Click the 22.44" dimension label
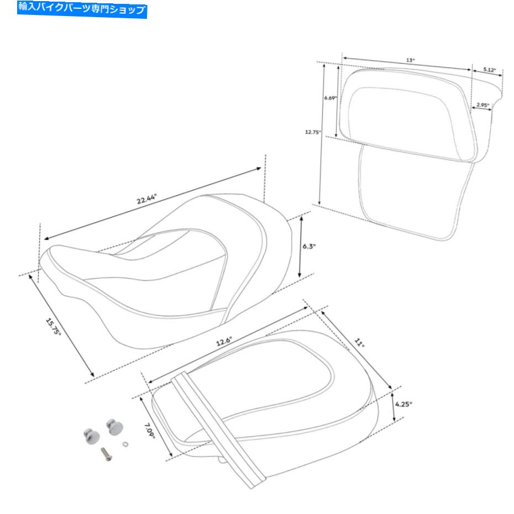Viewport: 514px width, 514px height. (x=147, y=198)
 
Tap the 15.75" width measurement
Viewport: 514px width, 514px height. (x=53, y=327)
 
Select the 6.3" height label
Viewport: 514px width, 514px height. (x=309, y=246)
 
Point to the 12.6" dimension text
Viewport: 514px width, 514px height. (x=224, y=341)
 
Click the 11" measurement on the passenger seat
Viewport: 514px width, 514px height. (x=359, y=343)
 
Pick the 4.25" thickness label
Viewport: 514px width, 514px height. (x=403, y=404)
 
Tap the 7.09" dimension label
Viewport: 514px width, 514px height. (x=150, y=431)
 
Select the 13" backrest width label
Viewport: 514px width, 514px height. (x=411, y=60)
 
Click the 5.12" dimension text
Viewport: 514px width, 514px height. (x=490, y=70)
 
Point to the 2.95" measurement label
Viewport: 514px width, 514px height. (x=483, y=105)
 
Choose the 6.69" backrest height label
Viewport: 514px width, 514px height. (x=331, y=98)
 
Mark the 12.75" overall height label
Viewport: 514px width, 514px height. (x=313, y=132)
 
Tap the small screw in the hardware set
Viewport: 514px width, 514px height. (x=106, y=453)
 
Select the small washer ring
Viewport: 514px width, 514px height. (x=125, y=444)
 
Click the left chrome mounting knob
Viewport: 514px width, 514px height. (x=91, y=436)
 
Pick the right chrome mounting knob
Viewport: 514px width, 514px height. (x=114, y=427)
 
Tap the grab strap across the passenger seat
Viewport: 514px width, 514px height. (x=218, y=429)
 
